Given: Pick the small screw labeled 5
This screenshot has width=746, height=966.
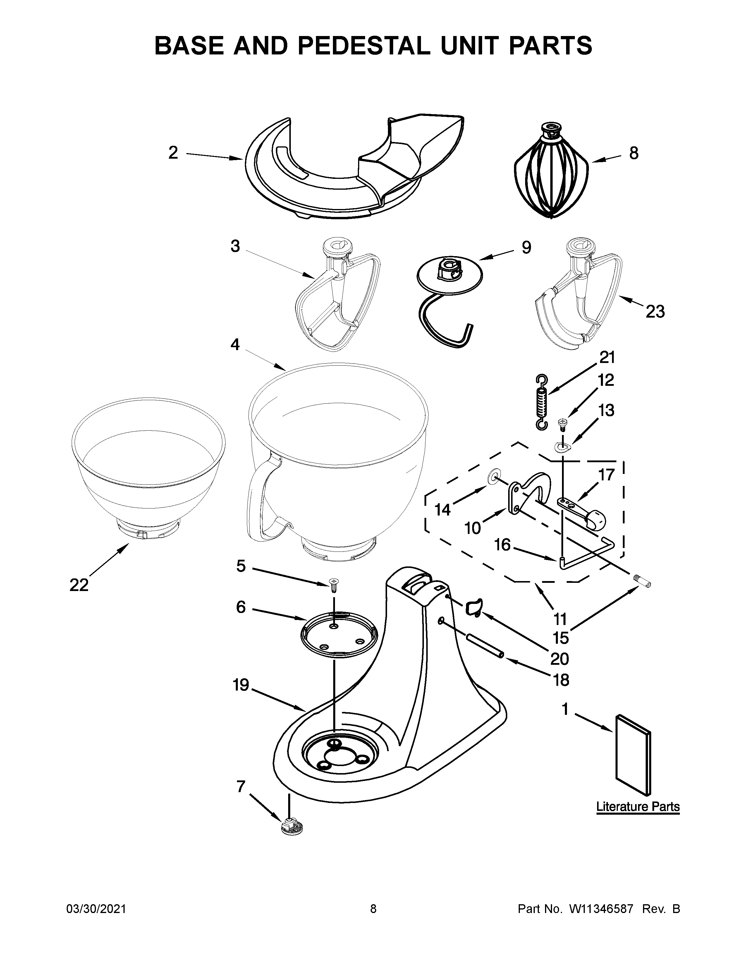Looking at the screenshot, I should coord(334,585).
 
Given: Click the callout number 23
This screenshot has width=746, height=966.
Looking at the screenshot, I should coord(655,312).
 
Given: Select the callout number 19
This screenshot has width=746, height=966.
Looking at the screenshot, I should coord(241,685).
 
